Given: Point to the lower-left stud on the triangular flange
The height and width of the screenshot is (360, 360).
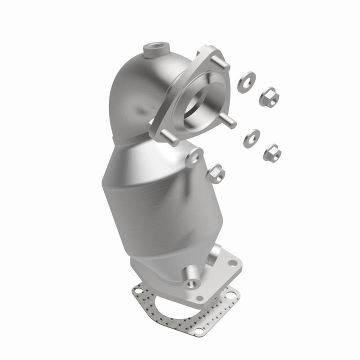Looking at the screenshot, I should click(170, 139).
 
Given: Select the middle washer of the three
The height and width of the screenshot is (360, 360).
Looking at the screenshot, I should click(251, 137).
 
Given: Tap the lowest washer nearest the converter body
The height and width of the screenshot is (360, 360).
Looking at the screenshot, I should click(193, 158).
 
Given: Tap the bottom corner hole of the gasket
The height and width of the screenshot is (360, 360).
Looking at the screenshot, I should click(199, 330).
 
